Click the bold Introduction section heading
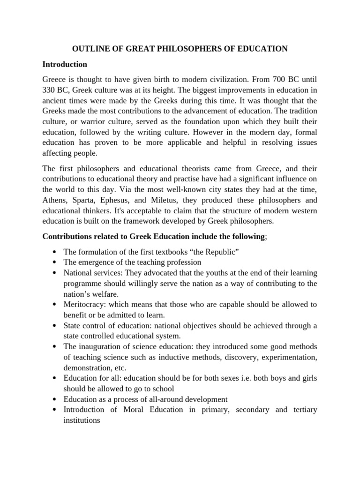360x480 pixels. pos(65,64)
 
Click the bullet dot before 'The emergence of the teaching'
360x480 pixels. pos(56,262)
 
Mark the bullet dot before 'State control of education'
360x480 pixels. pos(56,326)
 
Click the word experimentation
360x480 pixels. pos(291,357)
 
